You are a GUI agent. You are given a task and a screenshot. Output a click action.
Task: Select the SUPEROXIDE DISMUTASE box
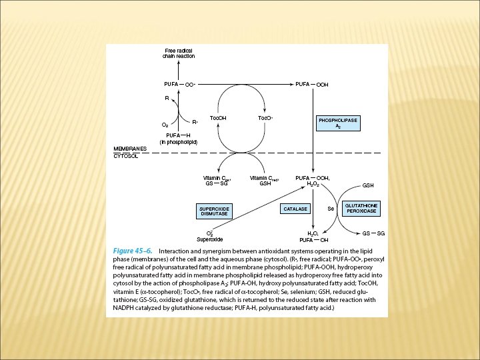coord(214,211)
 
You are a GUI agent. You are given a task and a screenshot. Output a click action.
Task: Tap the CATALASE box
coord(295,209)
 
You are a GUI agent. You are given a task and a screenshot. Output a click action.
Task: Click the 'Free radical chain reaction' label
coord(179,54)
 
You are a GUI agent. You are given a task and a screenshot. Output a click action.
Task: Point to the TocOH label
coord(218,118)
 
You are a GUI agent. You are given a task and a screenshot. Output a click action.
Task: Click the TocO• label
coord(265,118)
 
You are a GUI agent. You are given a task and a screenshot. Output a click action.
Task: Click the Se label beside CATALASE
coord(330,209)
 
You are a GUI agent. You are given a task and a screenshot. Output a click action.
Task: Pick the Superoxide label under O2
coord(209,239)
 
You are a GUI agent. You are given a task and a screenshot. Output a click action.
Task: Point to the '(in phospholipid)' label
coord(178,142)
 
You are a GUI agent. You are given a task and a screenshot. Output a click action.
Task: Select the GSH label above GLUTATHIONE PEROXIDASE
coord(367,185)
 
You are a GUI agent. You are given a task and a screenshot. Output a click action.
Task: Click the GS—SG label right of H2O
coord(373,233)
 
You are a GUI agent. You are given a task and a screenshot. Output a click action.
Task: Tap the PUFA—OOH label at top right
coord(312,85)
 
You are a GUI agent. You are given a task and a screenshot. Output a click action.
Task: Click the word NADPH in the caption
coord(123,309)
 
